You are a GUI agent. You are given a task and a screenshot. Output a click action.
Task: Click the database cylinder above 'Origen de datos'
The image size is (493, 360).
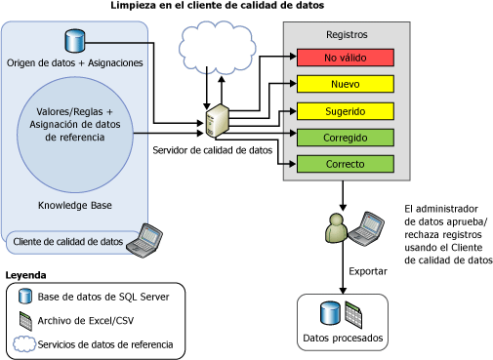(74, 41)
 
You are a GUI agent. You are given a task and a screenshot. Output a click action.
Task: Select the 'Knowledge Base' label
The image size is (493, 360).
(75, 206)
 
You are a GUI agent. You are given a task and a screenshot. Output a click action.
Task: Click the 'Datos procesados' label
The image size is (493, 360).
(342, 339)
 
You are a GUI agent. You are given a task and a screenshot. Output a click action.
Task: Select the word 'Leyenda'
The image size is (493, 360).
(26, 275)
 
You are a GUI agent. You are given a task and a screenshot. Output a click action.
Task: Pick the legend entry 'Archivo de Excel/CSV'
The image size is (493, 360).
(86, 320)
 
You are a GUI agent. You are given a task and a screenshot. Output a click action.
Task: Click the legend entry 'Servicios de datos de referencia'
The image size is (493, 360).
(105, 343)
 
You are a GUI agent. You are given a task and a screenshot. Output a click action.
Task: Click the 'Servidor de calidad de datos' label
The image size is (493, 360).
(212, 150)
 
